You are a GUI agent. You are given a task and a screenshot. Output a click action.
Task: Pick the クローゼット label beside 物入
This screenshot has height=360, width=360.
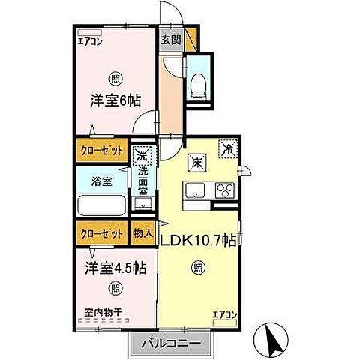(103, 233)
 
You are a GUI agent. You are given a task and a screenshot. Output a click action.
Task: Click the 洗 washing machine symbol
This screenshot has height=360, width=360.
(141, 157)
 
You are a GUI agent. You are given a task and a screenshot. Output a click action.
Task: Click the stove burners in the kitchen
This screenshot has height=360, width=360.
(225, 190)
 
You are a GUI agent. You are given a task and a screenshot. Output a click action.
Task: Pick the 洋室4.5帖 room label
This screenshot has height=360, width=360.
(115, 268)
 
